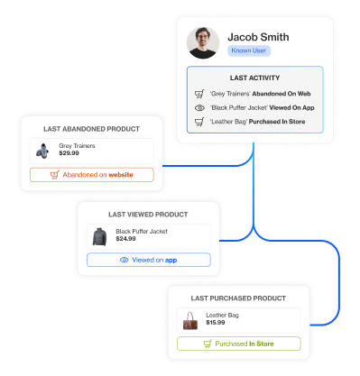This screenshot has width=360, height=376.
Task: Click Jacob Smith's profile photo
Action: (204, 42)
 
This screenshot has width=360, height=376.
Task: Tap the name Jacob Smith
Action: (259, 36)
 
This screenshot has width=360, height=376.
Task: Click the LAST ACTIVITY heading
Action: (254, 78)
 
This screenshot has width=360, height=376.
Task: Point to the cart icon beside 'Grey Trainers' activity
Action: (199, 94)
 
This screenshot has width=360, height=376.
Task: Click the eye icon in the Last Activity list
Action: (199, 107)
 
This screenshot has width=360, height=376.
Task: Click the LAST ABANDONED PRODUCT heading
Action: (92, 129)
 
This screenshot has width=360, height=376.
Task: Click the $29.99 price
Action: (69, 153)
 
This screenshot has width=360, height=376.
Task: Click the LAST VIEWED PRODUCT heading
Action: (148, 215)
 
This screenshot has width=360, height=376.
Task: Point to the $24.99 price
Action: (126, 239)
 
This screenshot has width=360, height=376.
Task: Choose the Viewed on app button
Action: (148, 260)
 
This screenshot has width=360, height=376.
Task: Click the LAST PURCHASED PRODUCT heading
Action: (238, 298)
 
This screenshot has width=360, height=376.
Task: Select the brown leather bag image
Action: (190, 319)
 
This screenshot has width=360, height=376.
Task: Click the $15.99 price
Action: (216, 322)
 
